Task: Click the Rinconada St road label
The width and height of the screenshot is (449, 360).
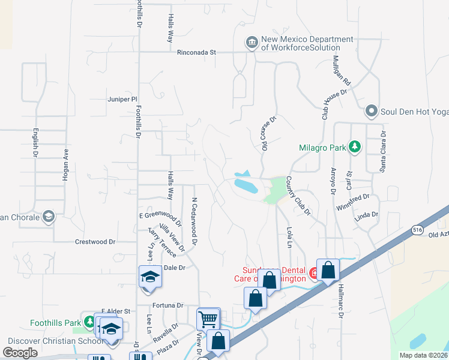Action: tap(196, 52)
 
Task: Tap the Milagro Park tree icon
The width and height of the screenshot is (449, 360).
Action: tap(355, 146)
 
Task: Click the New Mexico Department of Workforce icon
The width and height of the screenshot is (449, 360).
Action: tap(251, 42)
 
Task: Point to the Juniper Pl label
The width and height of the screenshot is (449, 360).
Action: tap(122, 100)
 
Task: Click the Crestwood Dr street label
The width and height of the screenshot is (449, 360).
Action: tap(95, 242)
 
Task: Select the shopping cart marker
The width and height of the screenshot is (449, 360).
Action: tap(208, 318)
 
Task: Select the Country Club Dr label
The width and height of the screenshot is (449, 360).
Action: tap(298, 196)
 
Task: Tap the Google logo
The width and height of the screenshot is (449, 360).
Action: tap(20, 353)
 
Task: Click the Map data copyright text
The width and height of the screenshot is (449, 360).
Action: tap(423, 355)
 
